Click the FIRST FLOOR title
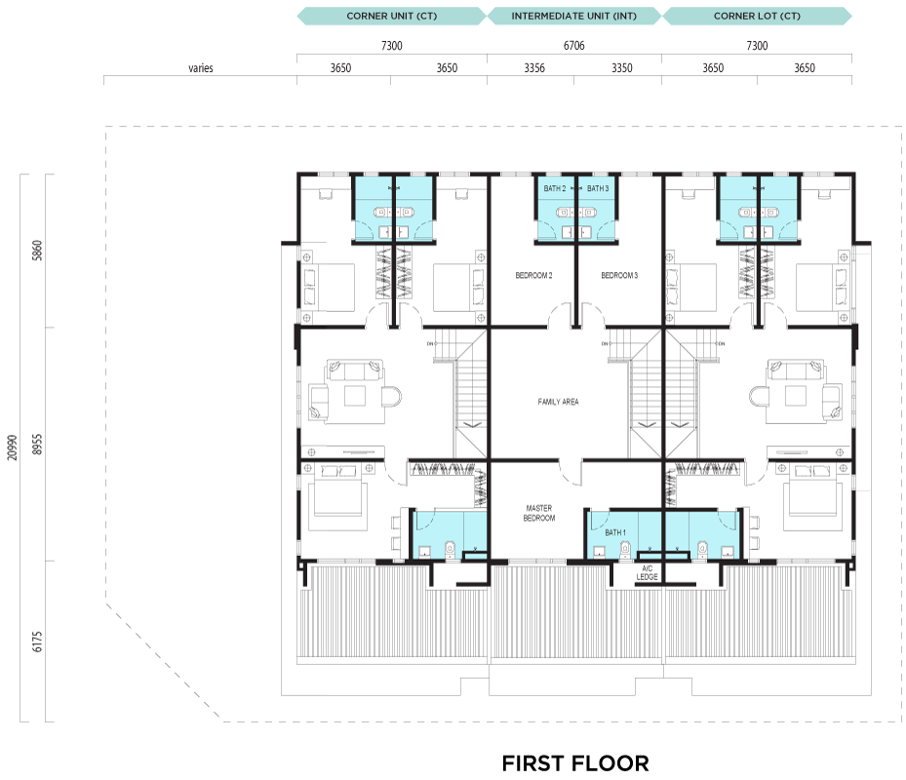click(575, 763)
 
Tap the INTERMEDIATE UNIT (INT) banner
click(573, 17)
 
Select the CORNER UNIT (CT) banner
click(391, 17)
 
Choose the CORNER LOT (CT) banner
click(757, 17)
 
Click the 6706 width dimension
click(573, 46)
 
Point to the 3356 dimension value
click(533, 68)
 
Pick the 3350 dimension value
click(622, 68)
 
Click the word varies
click(201, 68)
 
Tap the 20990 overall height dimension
click(12, 448)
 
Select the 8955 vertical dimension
click(37, 445)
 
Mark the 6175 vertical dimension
click(37, 642)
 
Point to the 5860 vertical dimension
click(37, 251)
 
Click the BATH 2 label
click(555, 188)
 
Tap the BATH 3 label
click(598, 188)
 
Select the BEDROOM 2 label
click(533, 276)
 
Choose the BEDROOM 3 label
click(619, 276)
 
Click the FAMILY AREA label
click(558, 402)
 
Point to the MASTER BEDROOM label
click(539, 513)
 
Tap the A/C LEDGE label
click(648, 572)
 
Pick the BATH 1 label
click(615, 532)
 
